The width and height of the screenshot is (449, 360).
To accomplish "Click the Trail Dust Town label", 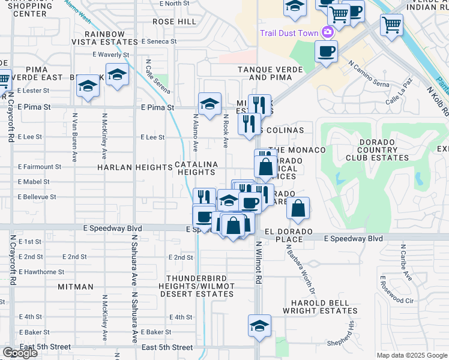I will (288, 32).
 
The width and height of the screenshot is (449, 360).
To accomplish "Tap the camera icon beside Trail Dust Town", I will (328, 32).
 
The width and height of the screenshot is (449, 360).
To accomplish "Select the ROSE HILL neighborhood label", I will (174, 22).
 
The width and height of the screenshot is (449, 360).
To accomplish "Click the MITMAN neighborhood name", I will (76, 287).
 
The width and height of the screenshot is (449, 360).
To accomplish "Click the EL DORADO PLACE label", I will (290, 235).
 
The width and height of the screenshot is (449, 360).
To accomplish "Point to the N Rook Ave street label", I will (226, 131).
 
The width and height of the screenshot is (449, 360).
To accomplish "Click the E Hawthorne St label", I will (41, 272).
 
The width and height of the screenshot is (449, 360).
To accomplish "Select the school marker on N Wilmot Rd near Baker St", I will (259, 326).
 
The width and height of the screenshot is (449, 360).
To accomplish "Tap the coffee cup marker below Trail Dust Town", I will (326, 52).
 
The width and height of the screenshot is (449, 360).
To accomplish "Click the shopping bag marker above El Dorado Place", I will (298, 209).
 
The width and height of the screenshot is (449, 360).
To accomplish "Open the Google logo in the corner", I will (20, 353).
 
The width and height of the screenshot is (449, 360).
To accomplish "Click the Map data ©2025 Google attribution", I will (412, 355).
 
